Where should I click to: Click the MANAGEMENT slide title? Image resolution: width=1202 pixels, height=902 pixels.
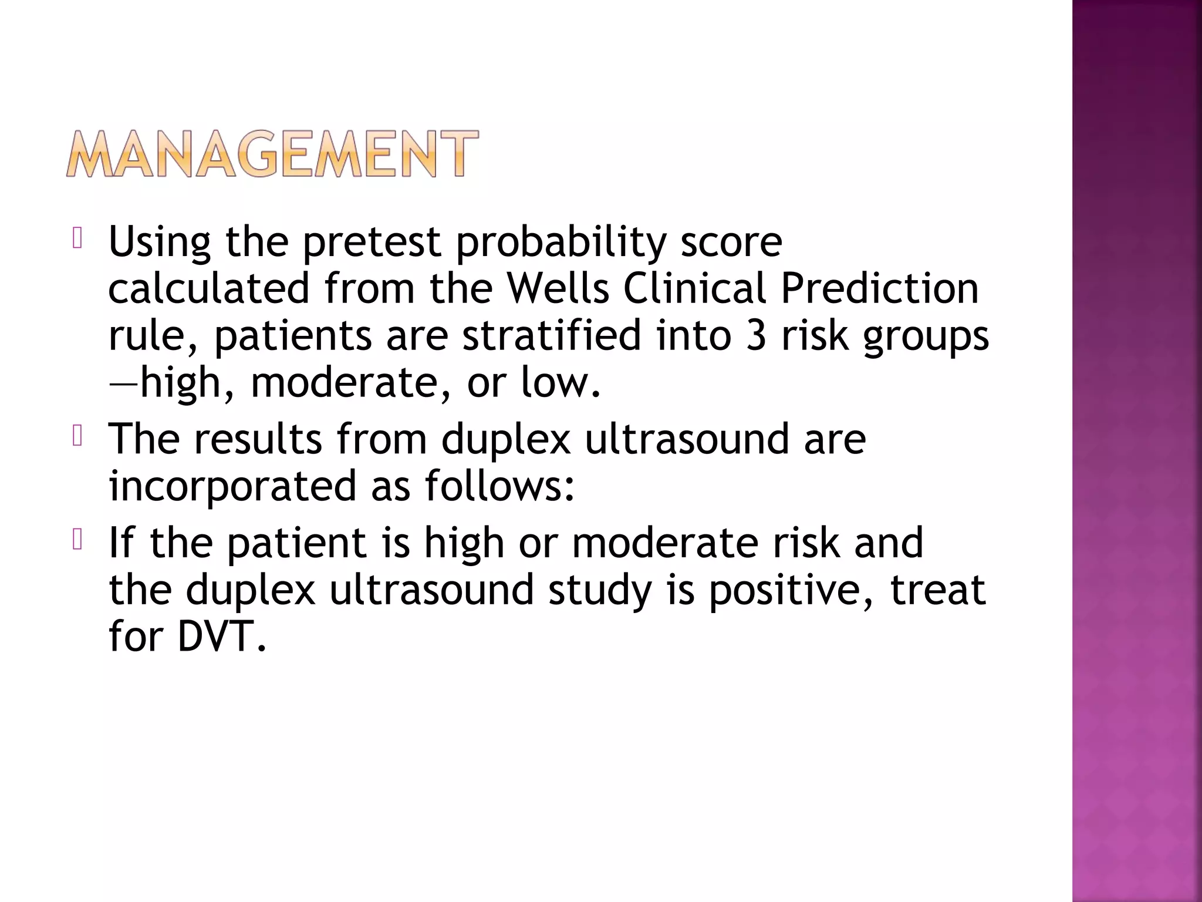272,154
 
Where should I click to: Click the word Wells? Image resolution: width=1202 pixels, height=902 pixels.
558,288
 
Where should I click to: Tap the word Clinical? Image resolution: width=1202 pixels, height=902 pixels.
695,288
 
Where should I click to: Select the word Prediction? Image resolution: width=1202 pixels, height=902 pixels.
879,288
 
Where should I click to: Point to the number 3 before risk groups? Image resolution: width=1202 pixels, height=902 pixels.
756,335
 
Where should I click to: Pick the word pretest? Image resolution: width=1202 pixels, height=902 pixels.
372,242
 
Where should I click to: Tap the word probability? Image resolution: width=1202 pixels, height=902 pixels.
562,242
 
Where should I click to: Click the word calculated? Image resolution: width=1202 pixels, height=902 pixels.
209,288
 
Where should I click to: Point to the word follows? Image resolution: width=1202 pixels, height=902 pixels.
494,486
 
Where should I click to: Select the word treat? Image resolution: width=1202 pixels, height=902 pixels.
938,590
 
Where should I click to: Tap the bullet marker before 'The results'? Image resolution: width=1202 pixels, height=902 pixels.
76,436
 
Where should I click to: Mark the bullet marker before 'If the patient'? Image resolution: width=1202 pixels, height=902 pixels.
76,540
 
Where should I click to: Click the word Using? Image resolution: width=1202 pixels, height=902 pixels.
160,242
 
